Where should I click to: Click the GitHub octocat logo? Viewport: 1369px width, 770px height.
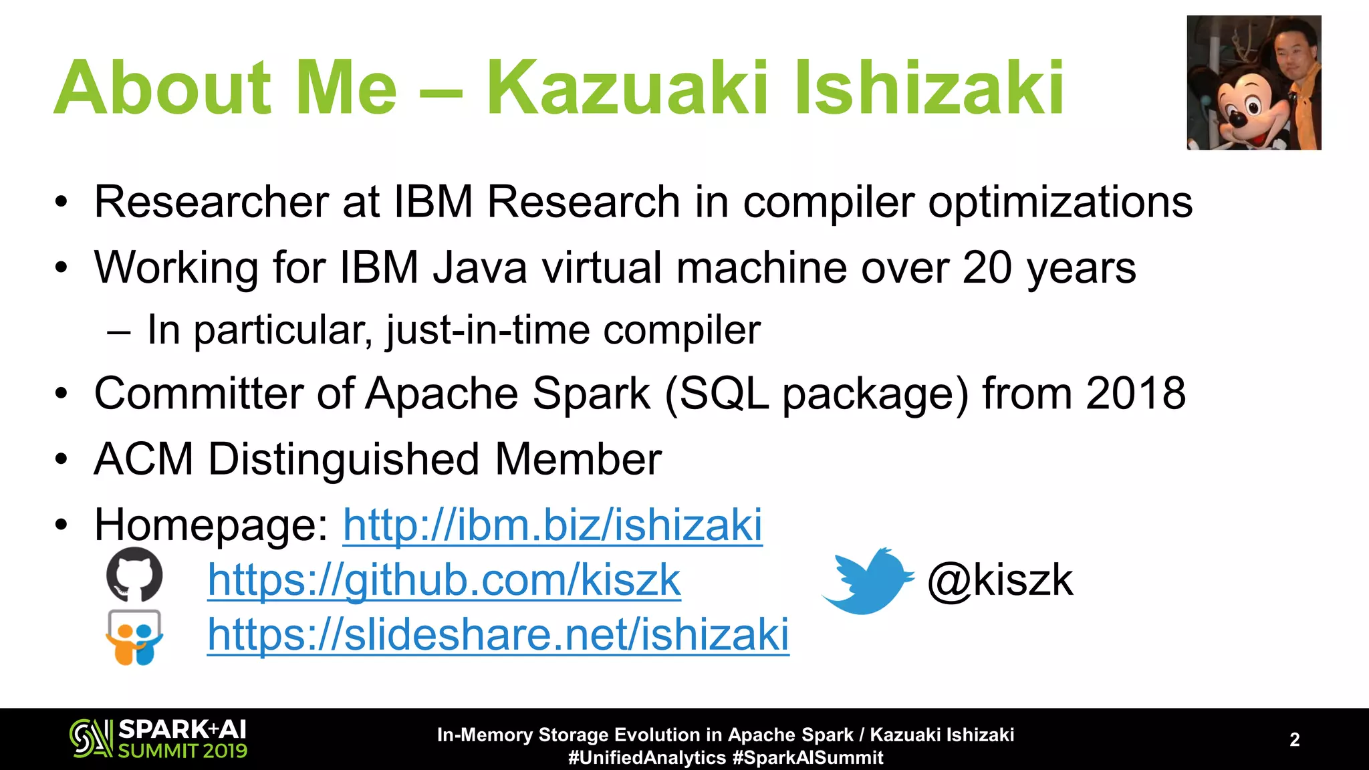(x=134, y=574)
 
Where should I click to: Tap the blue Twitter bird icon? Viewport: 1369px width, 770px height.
(x=867, y=580)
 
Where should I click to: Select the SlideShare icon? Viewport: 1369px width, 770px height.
(x=134, y=637)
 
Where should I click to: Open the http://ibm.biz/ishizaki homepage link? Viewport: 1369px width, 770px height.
(x=552, y=525)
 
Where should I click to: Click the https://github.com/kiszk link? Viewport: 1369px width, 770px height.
(x=444, y=580)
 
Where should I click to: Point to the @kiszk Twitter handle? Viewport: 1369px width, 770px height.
(x=1000, y=580)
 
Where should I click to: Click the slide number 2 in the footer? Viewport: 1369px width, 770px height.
(x=1294, y=739)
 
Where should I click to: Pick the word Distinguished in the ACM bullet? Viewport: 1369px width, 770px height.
(x=344, y=459)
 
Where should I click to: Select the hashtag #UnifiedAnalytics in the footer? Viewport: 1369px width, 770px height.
(x=646, y=757)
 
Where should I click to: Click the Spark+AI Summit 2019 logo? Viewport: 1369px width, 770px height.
(x=158, y=739)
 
